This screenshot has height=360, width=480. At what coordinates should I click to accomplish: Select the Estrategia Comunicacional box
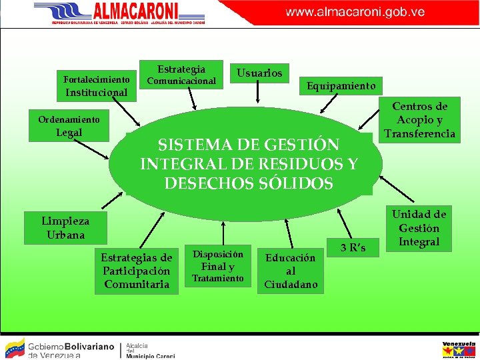(x=181, y=75)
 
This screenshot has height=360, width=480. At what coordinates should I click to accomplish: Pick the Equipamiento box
(x=341, y=86)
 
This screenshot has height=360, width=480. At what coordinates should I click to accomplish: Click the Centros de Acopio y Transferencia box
(x=419, y=120)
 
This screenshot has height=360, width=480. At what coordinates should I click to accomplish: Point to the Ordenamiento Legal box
(x=69, y=126)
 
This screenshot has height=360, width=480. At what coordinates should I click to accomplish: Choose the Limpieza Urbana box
(x=65, y=228)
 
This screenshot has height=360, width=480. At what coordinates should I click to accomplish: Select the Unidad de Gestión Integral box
(x=419, y=228)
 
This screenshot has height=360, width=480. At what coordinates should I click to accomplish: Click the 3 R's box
(x=353, y=248)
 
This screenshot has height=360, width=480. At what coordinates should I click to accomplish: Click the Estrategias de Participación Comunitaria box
(x=136, y=271)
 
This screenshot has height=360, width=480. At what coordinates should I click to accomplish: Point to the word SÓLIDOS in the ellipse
(x=295, y=184)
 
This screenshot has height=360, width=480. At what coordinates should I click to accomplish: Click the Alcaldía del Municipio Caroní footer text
(x=150, y=350)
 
